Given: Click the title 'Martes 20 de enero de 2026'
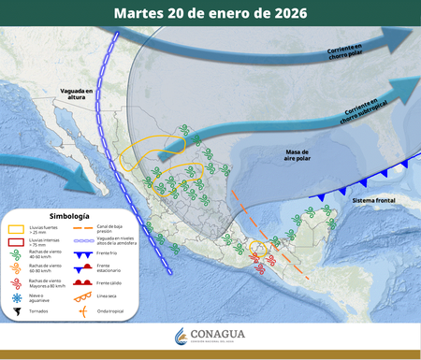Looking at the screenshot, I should point(210,14).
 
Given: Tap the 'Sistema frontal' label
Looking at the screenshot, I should point(370,201).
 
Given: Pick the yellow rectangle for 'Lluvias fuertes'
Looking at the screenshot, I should point(16,228).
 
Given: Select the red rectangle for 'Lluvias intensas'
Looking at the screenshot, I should point(16,241).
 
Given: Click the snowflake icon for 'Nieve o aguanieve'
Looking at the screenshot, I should point(16,296).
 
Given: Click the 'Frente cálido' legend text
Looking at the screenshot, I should point(104,282).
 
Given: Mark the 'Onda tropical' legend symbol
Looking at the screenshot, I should point(83,311).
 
